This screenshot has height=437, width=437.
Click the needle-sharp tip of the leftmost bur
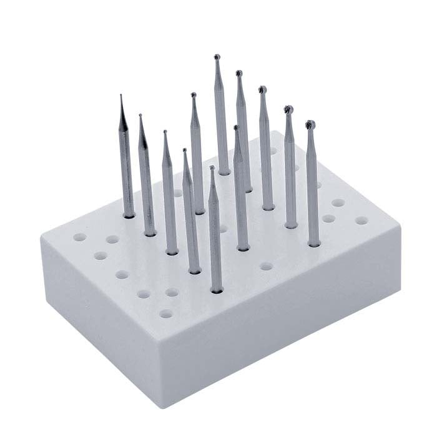coord(120,96)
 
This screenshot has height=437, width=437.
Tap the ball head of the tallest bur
coord(216,57)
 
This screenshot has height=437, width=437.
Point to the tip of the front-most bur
coord(212,168)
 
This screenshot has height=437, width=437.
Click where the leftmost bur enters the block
coord(129,215)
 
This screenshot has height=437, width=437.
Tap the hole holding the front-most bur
coord(217,290)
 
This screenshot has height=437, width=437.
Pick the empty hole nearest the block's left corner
coord(79,237)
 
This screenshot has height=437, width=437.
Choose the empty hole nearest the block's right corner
coord(361,220)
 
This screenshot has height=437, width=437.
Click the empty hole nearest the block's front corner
coord(165,313)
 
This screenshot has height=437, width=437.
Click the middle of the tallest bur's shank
coord(221,119)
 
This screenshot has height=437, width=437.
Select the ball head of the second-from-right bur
coord(288,110)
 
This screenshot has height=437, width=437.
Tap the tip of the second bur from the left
coord(140,115)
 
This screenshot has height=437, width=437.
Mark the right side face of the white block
coord(281,325)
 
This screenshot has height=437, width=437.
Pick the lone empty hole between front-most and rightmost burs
coord(266,266)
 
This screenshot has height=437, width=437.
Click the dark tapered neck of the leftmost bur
coord(124,122)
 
